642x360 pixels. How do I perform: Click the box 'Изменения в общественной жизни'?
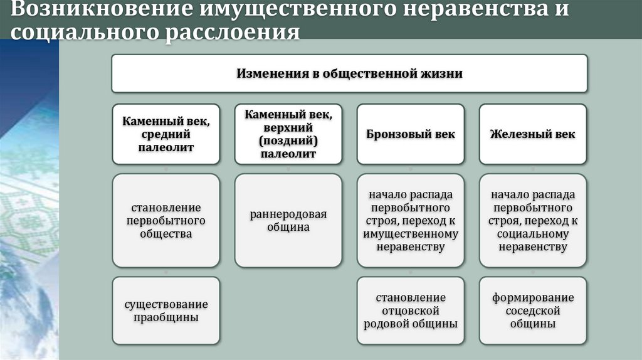(349, 73)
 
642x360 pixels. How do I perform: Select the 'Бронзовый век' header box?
(411, 134)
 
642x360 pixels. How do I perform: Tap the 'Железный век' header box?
(532, 134)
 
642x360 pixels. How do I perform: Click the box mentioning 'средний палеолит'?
(166, 134)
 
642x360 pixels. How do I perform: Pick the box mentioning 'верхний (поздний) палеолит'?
(288, 134)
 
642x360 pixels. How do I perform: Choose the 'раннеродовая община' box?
(288, 221)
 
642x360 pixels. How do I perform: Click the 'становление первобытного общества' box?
(166, 221)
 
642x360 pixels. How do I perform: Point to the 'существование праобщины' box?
(166, 311)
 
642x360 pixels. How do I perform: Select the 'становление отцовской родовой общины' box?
(411, 311)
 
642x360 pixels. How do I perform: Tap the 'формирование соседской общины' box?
(532, 311)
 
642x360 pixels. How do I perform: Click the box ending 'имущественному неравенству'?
(411, 221)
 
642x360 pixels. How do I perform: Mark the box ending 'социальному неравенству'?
(532, 221)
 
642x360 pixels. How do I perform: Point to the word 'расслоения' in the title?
(232, 31)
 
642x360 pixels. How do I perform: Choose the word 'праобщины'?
(166, 318)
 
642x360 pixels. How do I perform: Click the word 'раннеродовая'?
(288, 214)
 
